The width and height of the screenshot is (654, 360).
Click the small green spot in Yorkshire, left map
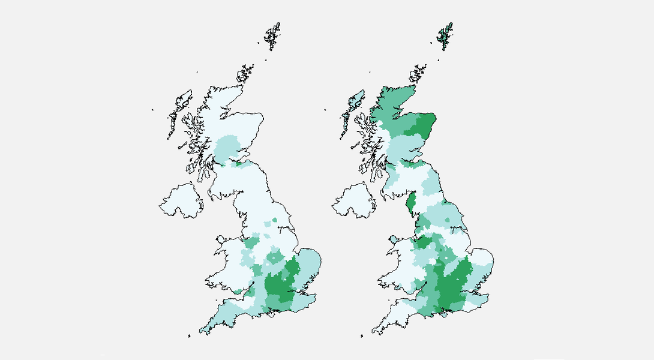coord(275,220)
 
